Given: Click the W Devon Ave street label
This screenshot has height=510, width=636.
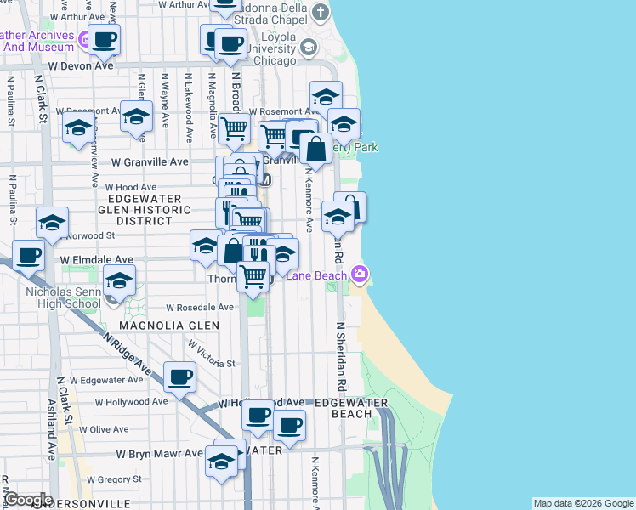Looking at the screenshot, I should (81, 65).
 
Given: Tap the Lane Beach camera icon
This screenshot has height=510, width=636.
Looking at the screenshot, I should (360, 274).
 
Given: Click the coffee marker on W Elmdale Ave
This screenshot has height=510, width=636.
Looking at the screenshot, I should (28, 254).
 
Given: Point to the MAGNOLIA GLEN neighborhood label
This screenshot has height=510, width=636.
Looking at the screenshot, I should (169, 326).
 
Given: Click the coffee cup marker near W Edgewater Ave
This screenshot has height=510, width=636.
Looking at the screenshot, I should (179, 377).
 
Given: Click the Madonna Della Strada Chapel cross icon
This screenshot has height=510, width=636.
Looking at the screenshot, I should (320, 12).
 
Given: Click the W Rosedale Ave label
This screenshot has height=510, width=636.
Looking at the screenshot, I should (200, 308).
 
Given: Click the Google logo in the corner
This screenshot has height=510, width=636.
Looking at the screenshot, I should (27, 499).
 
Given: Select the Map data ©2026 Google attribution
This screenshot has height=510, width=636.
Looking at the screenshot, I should (582, 503).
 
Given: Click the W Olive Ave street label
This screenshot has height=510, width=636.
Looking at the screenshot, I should (122, 429).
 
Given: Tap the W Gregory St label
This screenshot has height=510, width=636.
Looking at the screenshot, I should (103, 479).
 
